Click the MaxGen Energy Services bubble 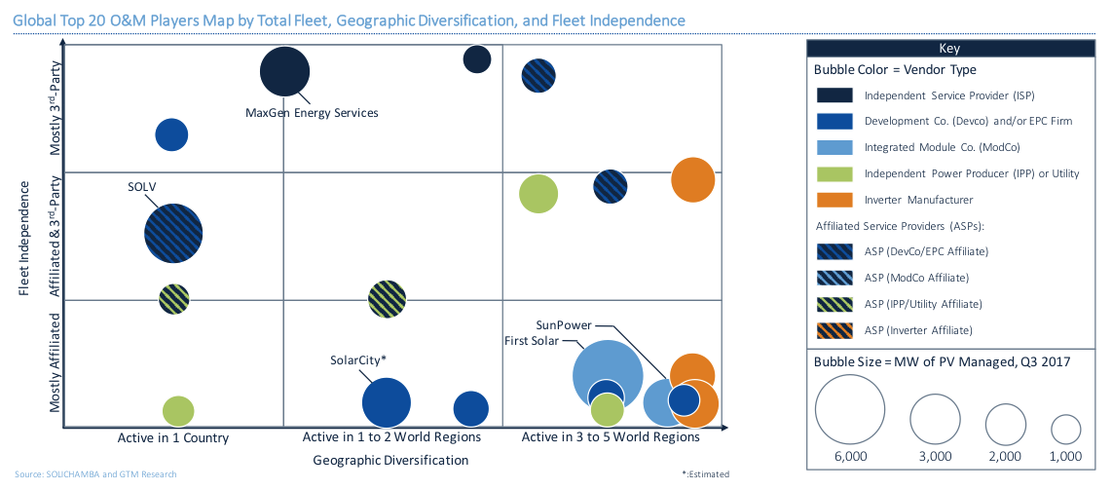[x=284, y=72]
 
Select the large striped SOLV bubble [x=173, y=233]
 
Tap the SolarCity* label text [x=358, y=359]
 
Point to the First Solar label [x=531, y=340]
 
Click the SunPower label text [x=564, y=324]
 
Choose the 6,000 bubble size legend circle [x=851, y=408]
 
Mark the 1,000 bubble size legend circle [x=1066, y=429]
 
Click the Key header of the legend [x=949, y=48]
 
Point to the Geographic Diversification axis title [x=390, y=460]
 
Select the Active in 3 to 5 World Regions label [x=611, y=437]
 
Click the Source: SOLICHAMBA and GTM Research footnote [x=95, y=474]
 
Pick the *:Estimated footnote [x=705, y=474]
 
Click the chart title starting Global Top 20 [x=349, y=20]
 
